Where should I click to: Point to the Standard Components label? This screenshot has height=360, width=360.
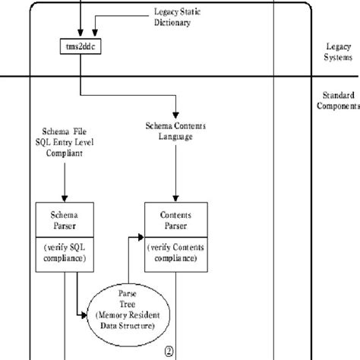(x=337, y=102)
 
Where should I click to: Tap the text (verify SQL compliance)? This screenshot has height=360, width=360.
(x=65, y=254)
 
